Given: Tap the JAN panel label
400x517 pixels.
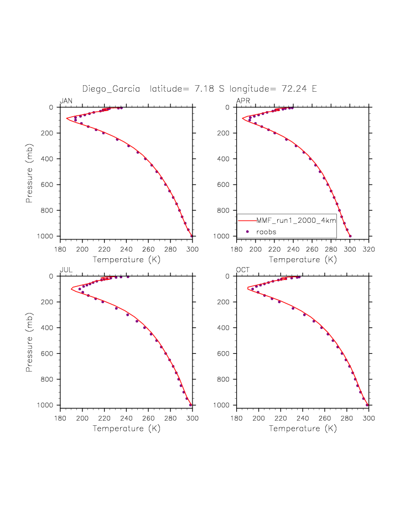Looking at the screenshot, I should (x=66, y=101).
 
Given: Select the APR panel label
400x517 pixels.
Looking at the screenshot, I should (x=242, y=101).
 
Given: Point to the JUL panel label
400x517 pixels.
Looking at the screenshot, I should (x=65, y=270).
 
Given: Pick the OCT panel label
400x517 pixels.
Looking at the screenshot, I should (x=242, y=270).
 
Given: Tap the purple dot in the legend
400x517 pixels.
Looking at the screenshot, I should (x=247, y=232).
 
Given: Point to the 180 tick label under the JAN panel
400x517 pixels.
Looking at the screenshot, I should (x=60, y=249).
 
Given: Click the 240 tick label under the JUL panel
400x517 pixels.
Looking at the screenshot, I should (x=126, y=419).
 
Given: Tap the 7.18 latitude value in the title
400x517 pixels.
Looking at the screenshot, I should (x=204, y=88).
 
